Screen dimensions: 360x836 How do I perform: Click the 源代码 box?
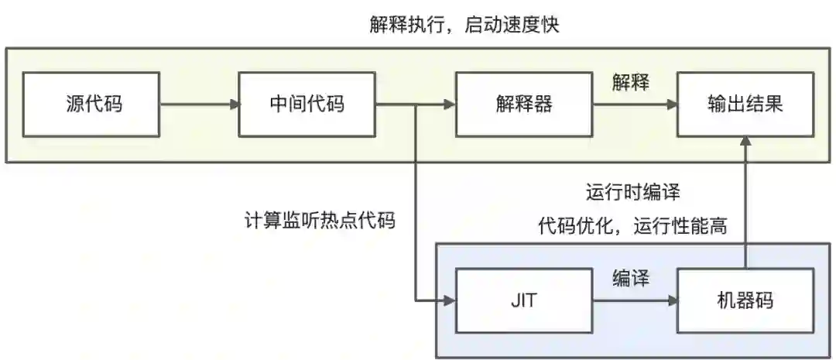92,105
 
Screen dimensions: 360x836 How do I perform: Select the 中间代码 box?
307,105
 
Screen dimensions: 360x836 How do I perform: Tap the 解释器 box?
524,105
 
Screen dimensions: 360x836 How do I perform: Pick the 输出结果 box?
745,105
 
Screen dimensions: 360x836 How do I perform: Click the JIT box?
524,300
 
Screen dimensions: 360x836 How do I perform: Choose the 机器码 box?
745,300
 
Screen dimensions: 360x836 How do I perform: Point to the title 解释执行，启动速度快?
464,26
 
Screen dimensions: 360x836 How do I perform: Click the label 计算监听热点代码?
319,221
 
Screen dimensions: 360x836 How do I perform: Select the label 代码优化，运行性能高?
632,227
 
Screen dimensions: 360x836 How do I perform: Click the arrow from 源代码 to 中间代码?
200,105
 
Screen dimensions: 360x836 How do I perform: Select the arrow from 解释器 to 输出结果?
635,105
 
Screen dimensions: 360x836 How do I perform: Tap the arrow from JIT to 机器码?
635,300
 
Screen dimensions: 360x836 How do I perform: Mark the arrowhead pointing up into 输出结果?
745,142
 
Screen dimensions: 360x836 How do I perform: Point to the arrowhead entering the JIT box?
449,300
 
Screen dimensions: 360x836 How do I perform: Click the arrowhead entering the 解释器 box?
449,105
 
